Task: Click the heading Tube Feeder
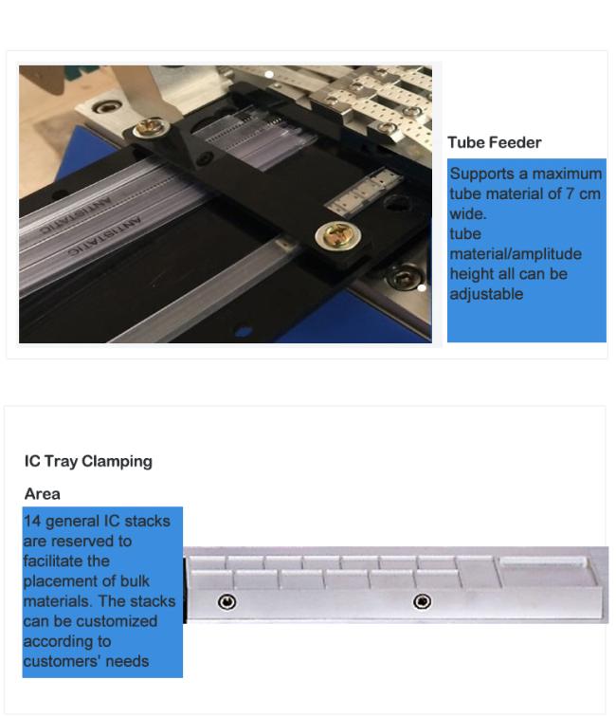pyautogui.click(x=494, y=142)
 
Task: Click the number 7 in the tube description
pyautogui.click(x=570, y=193)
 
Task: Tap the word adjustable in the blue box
pyautogui.click(x=486, y=294)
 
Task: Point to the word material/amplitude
pyautogui.click(x=516, y=254)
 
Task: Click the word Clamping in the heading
pyautogui.click(x=117, y=461)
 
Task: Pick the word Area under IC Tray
pyautogui.click(x=42, y=494)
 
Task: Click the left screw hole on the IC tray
pyautogui.click(x=227, y=601)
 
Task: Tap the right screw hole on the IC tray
pyautogui.click(x=422, y=601)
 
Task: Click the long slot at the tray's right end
pyautogui.click(x=543, y=562)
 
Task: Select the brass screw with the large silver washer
pyautogui.click(x=337, y=235)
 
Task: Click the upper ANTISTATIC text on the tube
pyautogui.click(x=77, y=215)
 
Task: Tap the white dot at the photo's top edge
pyautogui.click(x=269, y=74)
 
